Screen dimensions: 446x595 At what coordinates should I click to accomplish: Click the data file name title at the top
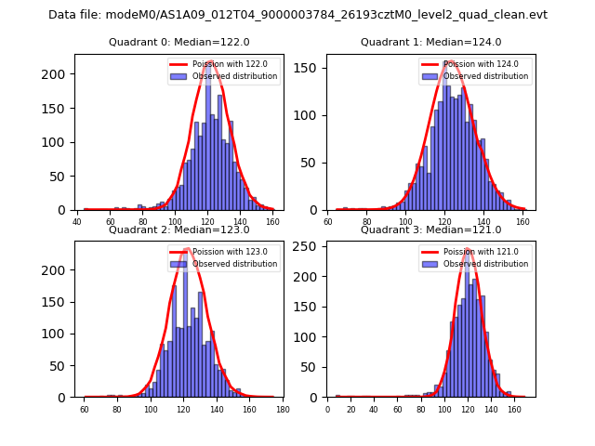(x=297, y=15)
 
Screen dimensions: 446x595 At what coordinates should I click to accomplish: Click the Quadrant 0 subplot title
(x=178, y=42)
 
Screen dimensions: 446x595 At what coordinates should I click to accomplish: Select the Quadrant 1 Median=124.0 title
(x=430, y=42)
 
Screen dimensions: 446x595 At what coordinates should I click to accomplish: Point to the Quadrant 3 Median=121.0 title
(x=430, y=230)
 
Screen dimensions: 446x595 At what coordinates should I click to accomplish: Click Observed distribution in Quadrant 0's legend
(x=233, y=76)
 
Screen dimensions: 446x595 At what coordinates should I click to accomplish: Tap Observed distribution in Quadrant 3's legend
(x=484, y=264)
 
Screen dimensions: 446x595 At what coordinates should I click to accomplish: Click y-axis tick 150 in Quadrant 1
(x=311, y=68)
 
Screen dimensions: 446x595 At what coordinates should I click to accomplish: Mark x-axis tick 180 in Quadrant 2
(x=283, y=409)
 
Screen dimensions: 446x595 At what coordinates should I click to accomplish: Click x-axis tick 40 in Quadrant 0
(x=77, y=222)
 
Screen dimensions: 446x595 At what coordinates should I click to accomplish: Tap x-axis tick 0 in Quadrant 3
(x=327, y=409)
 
